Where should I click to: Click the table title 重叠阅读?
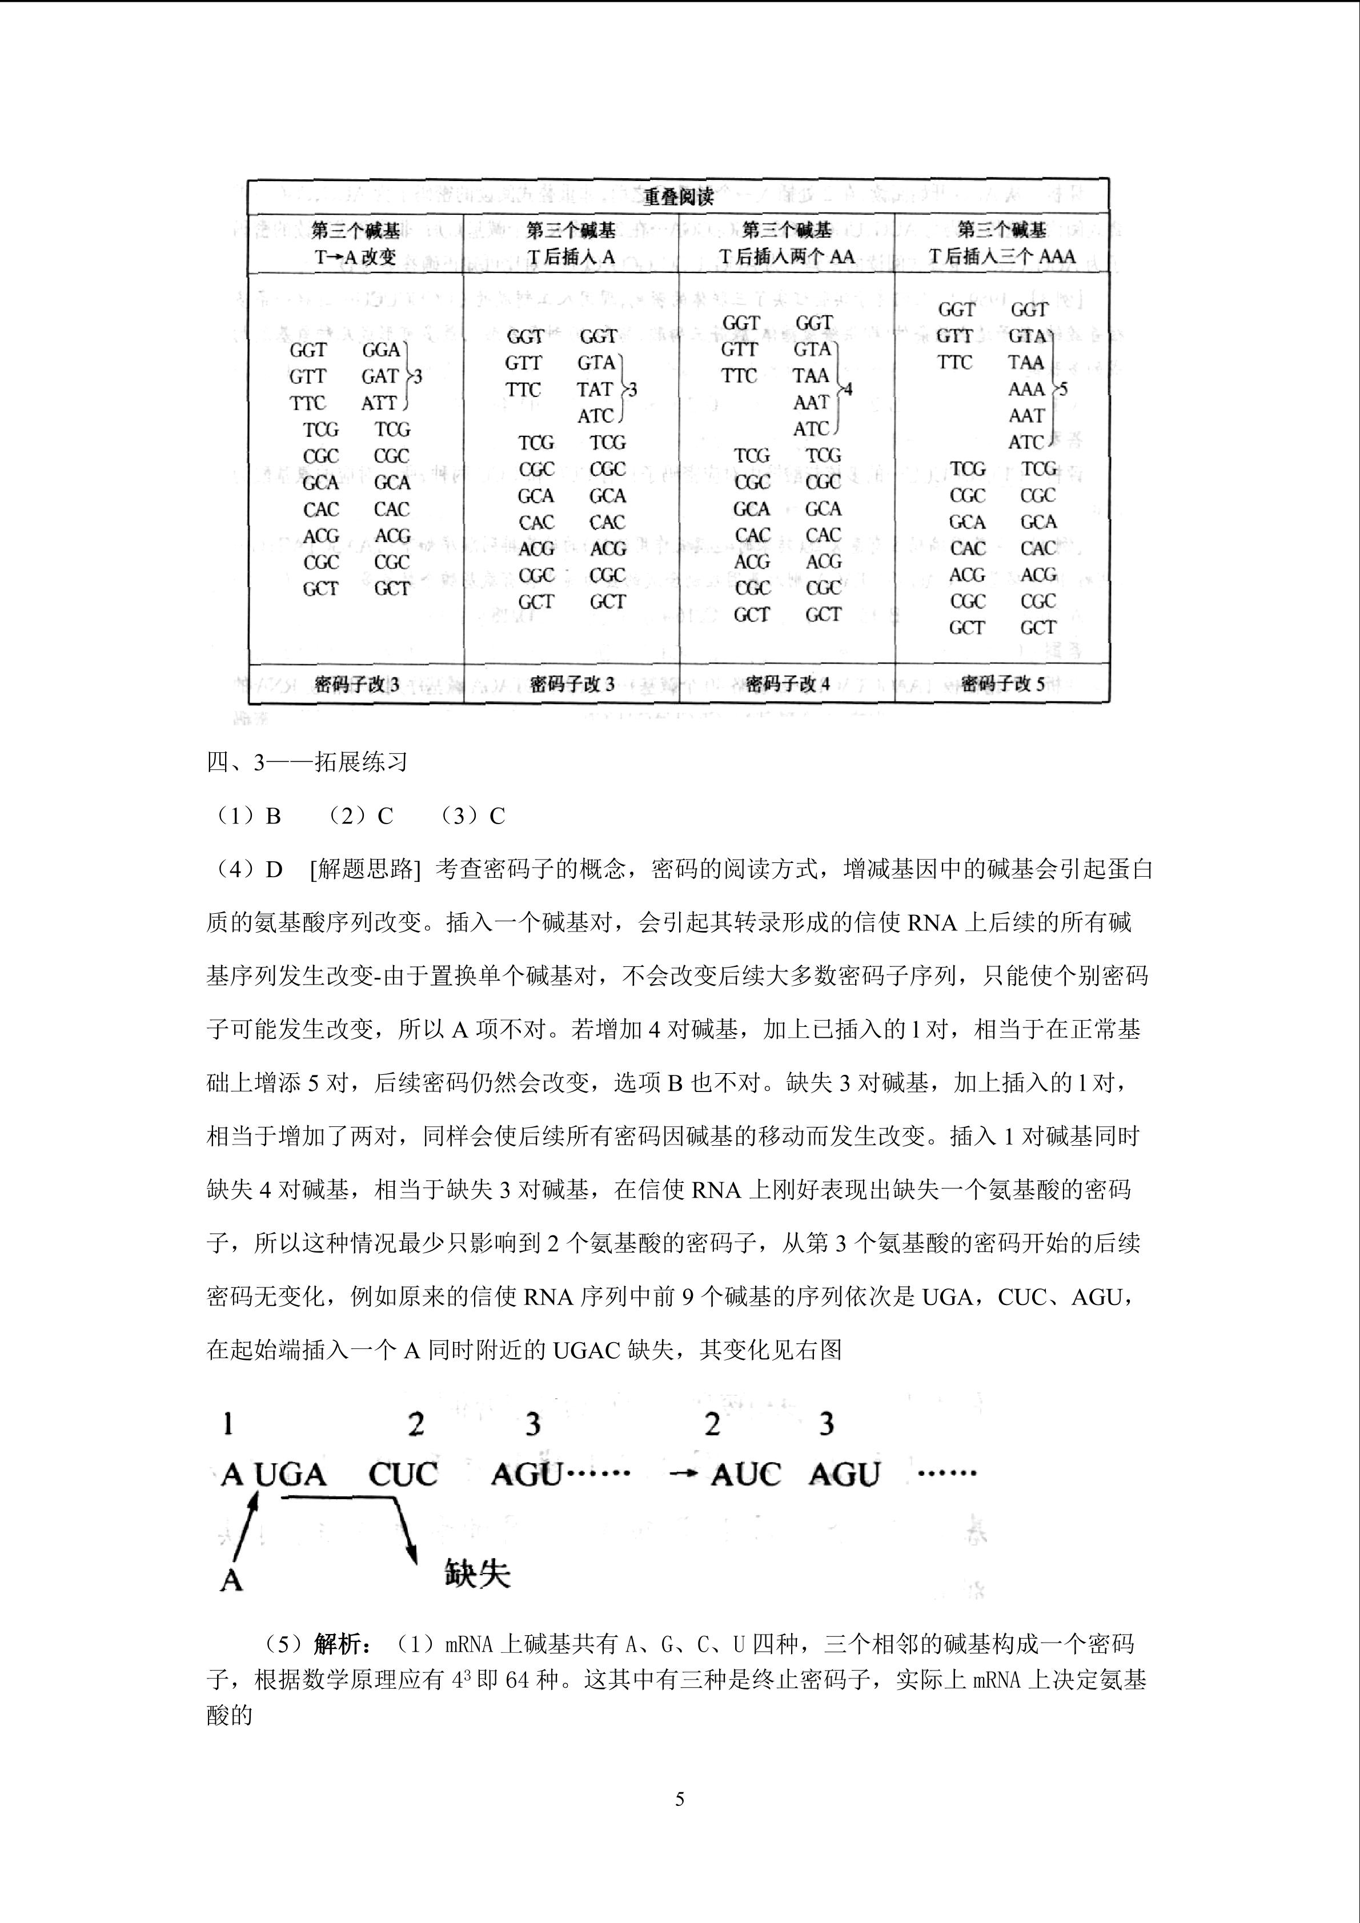pos(679,198)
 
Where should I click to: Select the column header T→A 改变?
pos(355,257)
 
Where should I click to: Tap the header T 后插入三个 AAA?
pos(1001,257)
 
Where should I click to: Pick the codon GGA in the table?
pos(381,350)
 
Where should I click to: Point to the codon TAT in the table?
pos(595,390)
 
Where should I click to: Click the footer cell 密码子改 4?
pos(787,684)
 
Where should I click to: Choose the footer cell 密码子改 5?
pos(1002,684)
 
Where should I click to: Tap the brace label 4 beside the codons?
pos(848,390)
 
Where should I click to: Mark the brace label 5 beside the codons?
pos(1064,390)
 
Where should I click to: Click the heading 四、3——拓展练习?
pos(307,762)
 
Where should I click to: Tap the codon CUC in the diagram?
pos(403,1475)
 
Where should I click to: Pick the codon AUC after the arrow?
pos(745,1475)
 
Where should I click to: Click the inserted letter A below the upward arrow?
pos(231,1580)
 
